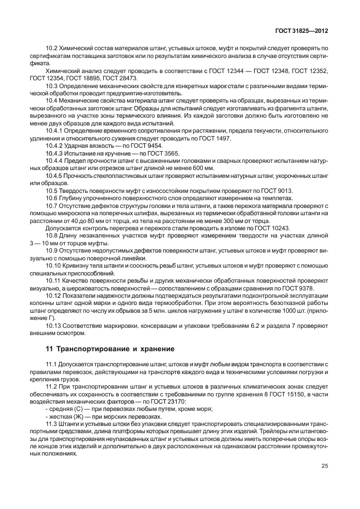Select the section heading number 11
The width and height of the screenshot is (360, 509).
(x=49, y=349)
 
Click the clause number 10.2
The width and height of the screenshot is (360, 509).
(x=53, y=49)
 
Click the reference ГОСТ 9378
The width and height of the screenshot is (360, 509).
(x=296, y=288)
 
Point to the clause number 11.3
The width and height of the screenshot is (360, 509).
(x=53, y=424)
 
